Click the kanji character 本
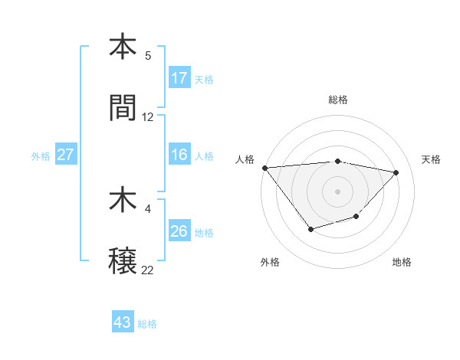pos(123,47)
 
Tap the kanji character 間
pos(123,108)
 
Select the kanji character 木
pos(123,201)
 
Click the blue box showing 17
pos(179,77)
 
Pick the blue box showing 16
pos(179,155)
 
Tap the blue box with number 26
pos(179,231)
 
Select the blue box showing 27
pos(66,155)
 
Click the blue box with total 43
pos(123,322)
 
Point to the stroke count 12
pos(148,117)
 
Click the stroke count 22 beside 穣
pos(148,270)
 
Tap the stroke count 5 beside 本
pos(148,56)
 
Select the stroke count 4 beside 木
pos(148,209)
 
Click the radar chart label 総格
pos(338,100)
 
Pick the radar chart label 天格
pos(431,159)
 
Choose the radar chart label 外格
pos(270,263)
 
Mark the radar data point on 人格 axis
pos(264,168)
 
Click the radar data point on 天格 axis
pos(396,172)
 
